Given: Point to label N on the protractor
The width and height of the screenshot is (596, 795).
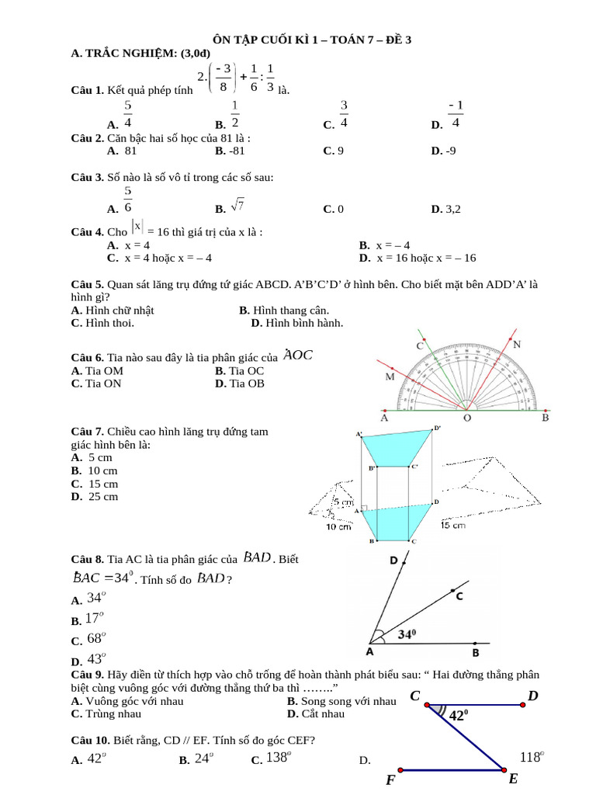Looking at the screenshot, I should point(517,344).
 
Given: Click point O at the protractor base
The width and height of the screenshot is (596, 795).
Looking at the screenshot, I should point(467,418).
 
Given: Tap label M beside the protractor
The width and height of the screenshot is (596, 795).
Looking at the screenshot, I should point(390,377).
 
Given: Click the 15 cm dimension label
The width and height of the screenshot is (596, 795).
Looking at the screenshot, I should point(453,526).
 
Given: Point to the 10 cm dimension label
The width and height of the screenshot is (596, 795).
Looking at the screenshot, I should point(338,526).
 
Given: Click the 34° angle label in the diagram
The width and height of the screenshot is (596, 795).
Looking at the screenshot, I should point(408,634).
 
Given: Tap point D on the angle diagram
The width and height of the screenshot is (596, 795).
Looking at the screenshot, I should point(393,560).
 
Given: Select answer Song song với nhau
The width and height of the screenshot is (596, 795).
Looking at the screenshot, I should point(341,701).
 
